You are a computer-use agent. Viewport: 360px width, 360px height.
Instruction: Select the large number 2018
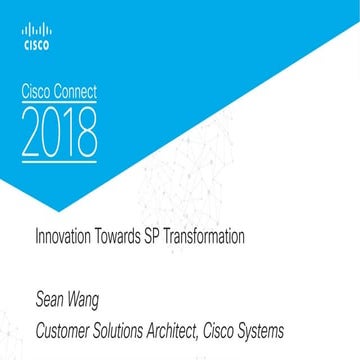coord(59,129)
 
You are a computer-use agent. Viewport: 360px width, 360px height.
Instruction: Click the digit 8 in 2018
coord(86,129)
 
